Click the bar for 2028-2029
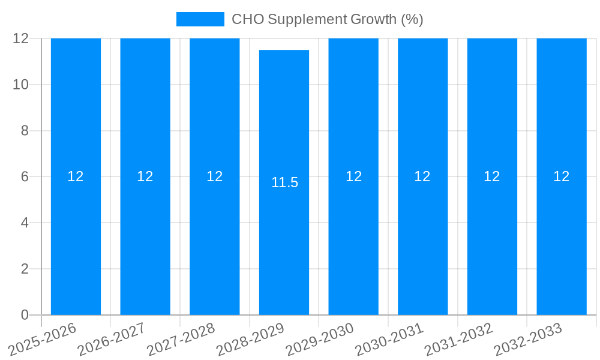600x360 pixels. (x=284, y=240)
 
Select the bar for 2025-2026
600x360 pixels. (x=76, y=240)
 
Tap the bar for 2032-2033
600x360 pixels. (x=561, y=240)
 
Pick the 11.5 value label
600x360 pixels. (x=284, y=183)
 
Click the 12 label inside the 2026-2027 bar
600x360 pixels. (x=145, y=176)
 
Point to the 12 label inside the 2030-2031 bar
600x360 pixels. (x=422, y=176)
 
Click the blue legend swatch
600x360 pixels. (x=200, y=19)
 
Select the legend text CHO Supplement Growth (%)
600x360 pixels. (x=327, y=19)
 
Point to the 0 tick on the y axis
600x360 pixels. (x=25, y=315)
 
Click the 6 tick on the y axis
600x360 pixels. (x=25, y=176)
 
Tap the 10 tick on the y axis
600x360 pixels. (x=21, y=85)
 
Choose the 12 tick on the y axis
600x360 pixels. (x=21, y=38)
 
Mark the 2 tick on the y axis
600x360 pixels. (x=25, y=269)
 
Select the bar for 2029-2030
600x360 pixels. (x=353, y=240)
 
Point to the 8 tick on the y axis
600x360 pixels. (x=25, y=131)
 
